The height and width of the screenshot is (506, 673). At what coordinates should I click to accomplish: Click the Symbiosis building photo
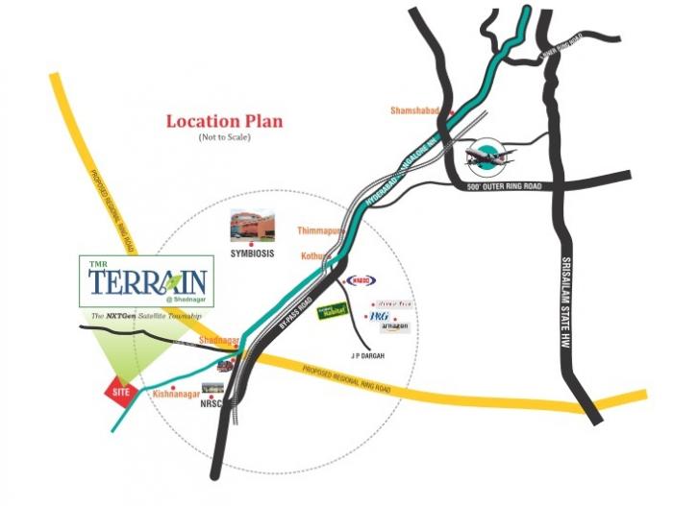click(252, 225)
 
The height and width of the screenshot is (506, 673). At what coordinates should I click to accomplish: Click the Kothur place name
click(315, 257)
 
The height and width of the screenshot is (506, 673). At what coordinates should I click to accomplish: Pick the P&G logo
click(379, 314)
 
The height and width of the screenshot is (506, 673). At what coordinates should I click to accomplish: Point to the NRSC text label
click(211, 404)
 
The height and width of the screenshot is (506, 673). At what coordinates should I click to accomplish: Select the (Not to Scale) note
click(222, 139)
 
